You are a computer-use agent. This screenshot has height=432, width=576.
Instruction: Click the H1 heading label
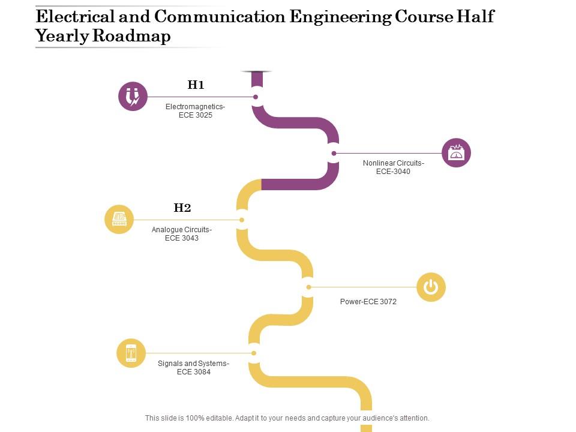pos(196,85)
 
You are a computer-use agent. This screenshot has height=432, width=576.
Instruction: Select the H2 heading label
pos(182,208)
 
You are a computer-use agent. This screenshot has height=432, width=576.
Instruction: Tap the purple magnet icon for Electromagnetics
pos(133,97)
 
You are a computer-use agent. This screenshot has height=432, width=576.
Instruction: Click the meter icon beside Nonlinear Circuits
pos(457,153)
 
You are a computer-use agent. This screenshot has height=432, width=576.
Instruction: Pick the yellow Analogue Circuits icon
pos(119,220)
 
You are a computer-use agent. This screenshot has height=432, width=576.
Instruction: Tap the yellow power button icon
pos(431,287)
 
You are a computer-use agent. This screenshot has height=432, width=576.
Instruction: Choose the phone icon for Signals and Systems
pos(131,353)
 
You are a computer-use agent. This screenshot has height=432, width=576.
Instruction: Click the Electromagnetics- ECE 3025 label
pos(196,111)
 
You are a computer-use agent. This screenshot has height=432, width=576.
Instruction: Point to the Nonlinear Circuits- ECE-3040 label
pos(393,167)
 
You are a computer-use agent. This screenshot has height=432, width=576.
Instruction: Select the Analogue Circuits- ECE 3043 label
pos(182,233)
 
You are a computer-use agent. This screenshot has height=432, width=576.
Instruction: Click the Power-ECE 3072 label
pos(368,302)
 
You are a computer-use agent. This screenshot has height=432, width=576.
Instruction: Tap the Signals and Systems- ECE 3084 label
pos(193,367)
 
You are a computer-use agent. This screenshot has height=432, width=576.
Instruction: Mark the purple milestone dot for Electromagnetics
pos(256,97)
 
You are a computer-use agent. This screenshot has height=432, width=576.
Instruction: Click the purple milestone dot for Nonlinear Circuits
pos(334,153)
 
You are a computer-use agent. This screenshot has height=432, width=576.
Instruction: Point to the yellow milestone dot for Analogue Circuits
pos(242,220)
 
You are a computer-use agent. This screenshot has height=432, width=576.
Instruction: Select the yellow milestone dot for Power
pos(308,287)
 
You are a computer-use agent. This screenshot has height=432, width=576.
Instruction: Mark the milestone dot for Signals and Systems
pos(254,353)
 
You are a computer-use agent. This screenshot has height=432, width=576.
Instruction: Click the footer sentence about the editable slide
pos(287,418)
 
